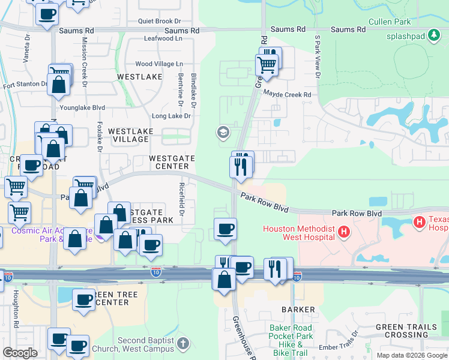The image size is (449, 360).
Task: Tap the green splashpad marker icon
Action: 433,34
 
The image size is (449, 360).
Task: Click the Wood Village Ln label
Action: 159,64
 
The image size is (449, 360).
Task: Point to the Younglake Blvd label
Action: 82,108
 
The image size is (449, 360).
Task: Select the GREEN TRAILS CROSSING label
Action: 402,331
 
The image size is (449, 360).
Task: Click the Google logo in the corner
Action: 20,352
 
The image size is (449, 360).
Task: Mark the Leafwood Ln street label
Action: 163,38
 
